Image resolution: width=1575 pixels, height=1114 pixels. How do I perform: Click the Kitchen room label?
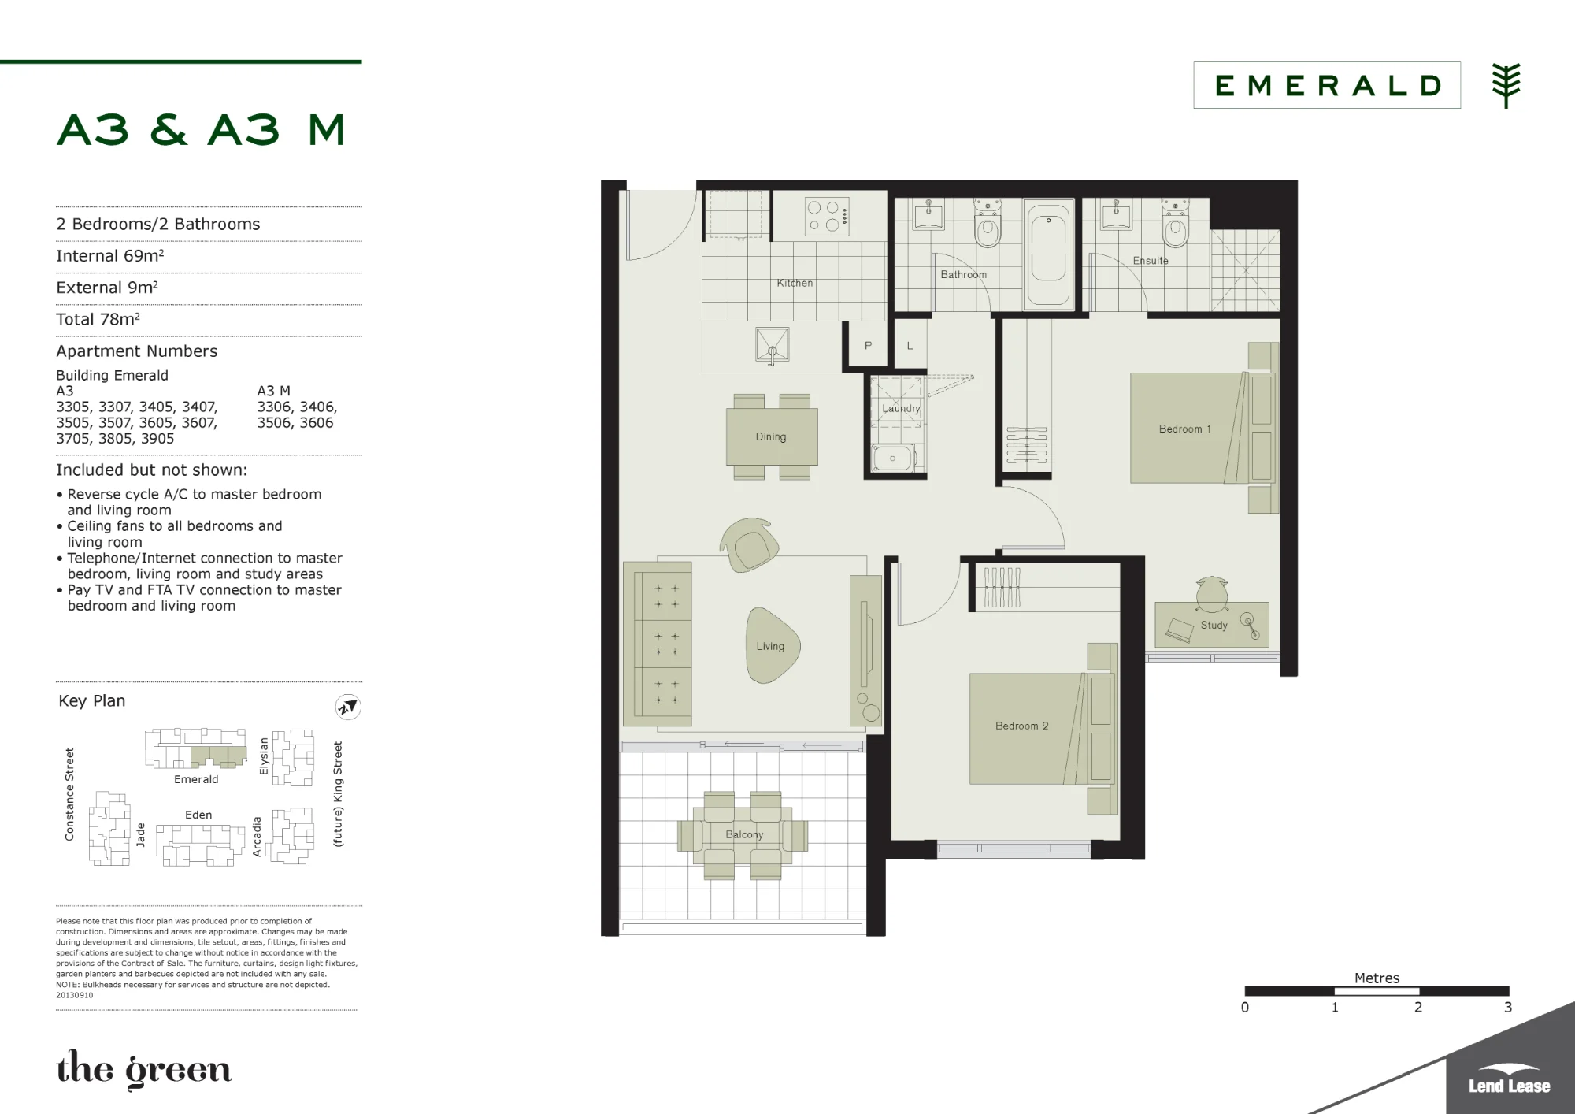pyautogui.click(x=795, y=283)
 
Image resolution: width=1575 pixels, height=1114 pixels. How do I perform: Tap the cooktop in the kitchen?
pyautogui.click(x=827, y=217)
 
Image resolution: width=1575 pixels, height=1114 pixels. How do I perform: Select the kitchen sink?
pyautogui.click(x=772, y=345)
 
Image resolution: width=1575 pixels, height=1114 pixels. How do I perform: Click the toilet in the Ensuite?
pyautogui.click(x=1175, y=224)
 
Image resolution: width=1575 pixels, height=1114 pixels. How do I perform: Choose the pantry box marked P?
pyautogui.click(x=868, y=345)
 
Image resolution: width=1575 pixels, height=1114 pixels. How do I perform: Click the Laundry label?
pyautogui.click(x=901, y=408)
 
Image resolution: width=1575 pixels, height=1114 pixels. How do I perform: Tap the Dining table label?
pyautogui.click(x=771, y=436)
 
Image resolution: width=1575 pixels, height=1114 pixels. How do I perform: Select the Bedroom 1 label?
pyautogui.click(x=1185, y=429)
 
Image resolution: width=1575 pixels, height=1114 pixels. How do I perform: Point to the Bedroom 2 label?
pyautogui.click(x=1022, y=726)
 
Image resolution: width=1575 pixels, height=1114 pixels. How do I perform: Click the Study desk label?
pyautogui.click(x=1214, y=625)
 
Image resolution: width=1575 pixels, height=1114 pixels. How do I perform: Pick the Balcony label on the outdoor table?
pyautogui.click(x=744, y=834)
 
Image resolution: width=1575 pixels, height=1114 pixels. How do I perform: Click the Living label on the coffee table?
pyautogui.click(x=770, y=646)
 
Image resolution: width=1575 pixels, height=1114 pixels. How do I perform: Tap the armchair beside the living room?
pyautogui.click(x=749, y=544)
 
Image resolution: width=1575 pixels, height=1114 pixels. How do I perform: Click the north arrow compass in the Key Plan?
pyautogui.click(x=348, y=707)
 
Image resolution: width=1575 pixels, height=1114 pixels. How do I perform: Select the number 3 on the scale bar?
pyautogui.click(x=1508, y=1007)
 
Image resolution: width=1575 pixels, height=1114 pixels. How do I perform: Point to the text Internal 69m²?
pyautogui.click(x=110, y=256)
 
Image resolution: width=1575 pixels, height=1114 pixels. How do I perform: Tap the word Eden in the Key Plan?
pyautogui.click(x=198, y=815)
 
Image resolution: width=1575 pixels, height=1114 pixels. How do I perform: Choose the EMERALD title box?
pyautogui.click(x=1327, y=85)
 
